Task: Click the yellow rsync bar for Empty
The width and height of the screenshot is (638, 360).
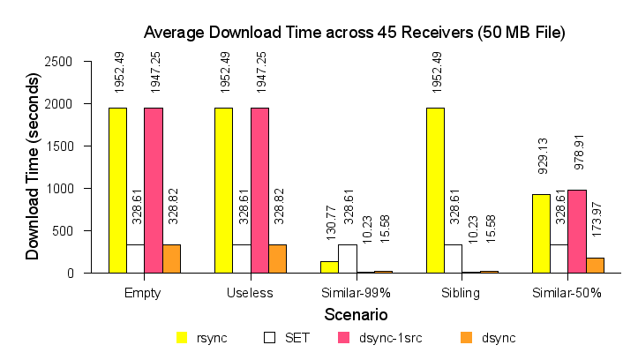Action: pyautogui.click(x=117, y=190)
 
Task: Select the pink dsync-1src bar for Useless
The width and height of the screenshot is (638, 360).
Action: pyautogui.click(x=259, y=190)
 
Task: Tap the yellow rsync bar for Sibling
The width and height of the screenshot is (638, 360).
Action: pyautogui.click(x=435, y=190)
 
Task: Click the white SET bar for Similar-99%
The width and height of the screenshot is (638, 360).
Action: pyautogui.click(x=347, y=259)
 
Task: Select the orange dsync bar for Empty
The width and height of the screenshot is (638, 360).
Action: pyautogui.click(x=171, y=259)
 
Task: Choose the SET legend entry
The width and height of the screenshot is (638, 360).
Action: pyautogui.click(x=286, y=337)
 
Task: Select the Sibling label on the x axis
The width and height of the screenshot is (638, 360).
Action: pyautogui.click(x=462, y=293)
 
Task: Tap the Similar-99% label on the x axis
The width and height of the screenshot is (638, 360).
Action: pyautogui.click(x=357, y=293)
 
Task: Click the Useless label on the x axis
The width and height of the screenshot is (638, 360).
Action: pyautogui.click(x=251, y=293)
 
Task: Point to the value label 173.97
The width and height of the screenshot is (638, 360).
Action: pyautogui.click(x=595, y=229)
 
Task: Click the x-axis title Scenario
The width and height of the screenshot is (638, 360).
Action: pyautogui.click(x=356, y=313)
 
